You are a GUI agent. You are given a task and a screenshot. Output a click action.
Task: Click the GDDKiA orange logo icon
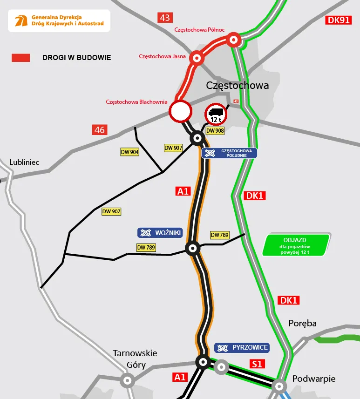pyautogui.click(x=20, y=20)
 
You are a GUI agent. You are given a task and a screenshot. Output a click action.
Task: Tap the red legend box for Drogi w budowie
pyautogui.click(x=21, y=58)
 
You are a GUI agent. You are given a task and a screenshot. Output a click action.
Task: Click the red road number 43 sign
pyautogui.click(x=165, y=18)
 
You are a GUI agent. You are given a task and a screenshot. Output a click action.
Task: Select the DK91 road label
pyautogui.click(x=338, y=20)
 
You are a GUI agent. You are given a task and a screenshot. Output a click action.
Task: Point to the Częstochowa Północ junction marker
pyautogui.click(x=234, y=40)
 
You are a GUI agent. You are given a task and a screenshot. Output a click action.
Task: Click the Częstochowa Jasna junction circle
pyautogui.click(x=197, y=58)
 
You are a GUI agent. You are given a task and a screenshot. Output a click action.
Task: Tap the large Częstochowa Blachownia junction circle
pyautogui.click(x=180, y=112)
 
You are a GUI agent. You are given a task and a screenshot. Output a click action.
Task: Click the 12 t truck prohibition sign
pyautogui.click(x=216, y=114)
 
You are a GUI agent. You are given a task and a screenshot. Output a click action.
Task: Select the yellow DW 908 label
pyautogui.click(x=215, y=131)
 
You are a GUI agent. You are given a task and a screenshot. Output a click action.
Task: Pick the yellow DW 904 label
pyautogui.click(x=130, y=152)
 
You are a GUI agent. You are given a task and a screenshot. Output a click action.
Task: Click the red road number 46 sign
pyautogui.click(x=100, y=130)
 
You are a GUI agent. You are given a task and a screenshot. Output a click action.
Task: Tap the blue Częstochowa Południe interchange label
pyautogui.click(x=229, y=153)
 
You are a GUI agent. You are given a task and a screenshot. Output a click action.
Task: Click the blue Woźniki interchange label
pyautogui.click(x=159, y=233)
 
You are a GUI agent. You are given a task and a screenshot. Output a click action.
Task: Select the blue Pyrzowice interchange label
pyautogui.click(x=242, y=348)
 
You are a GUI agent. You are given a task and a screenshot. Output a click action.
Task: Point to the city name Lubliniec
pyautogui.click(x=24, y=162)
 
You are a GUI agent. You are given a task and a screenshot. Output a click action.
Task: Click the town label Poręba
pyautogui.click(x=302, y=324)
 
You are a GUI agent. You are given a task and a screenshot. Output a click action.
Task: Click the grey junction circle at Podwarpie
pyautogui.click(x=279, y=385)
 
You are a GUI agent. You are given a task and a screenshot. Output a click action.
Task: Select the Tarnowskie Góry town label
pyautogui.click(x=135, y=359)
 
